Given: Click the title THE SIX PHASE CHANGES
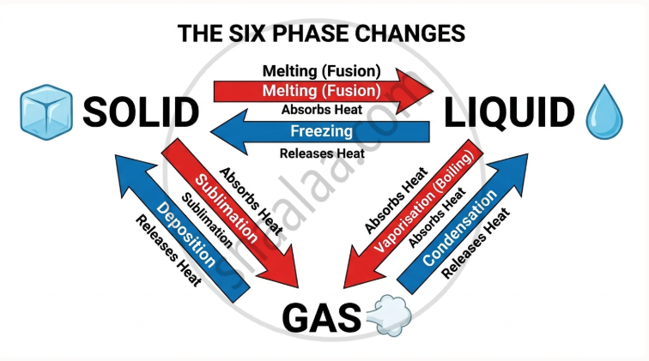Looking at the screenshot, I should pyautogui.click(x=322, y=33).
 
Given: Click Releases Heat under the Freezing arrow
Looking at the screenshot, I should pyautogui.click(x=321, y=153).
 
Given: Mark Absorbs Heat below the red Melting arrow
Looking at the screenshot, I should pyautogui.click(x=321, y=110).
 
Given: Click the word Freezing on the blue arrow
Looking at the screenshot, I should pyautogui.click(x=321, y=131).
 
